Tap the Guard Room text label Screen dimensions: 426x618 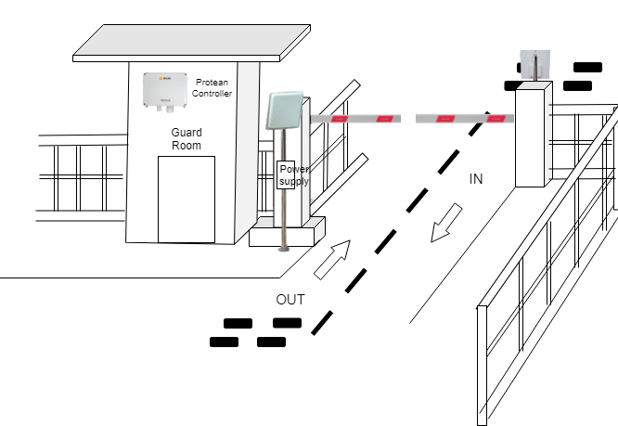(x=187, y=139)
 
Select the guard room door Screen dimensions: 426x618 (x=186, y=199)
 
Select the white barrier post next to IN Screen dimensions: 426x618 (x=534, y=135)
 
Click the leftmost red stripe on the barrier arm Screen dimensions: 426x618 (x=340, y=119)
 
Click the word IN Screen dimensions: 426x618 (x=476, y=179)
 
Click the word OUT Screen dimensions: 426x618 (x=290, y=300)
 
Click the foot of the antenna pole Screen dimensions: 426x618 (x=283, y=248)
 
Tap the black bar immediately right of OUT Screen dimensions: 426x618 (x=287, y=323)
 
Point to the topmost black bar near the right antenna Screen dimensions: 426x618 (x=587, y=67)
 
